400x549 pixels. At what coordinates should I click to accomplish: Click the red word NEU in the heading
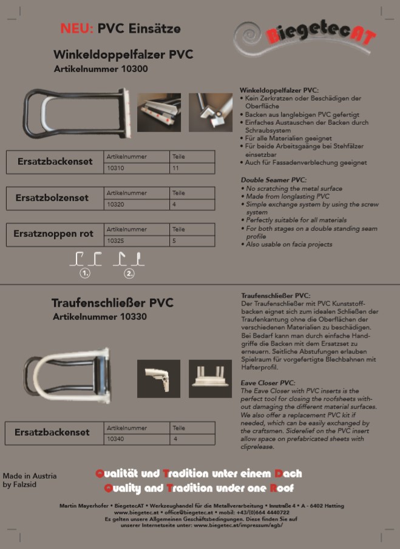[76, 28]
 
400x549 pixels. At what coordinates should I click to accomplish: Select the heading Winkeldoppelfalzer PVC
[123, 55]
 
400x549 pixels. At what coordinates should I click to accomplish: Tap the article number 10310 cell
[136, 167]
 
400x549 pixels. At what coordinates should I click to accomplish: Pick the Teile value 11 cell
[192, 167]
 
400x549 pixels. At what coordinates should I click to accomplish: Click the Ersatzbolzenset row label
[52, 198]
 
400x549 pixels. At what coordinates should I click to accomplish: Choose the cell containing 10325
[136, 240]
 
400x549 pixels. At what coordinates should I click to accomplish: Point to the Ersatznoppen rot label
[53, 234]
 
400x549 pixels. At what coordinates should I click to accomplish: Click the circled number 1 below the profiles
[86, 273]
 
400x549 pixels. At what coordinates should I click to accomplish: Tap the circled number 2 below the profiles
[129, 273]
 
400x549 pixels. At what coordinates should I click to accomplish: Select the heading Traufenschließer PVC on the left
[112, 302]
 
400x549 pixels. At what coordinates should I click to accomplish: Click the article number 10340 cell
[136, 438]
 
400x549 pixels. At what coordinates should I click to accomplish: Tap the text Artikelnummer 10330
[100, 317]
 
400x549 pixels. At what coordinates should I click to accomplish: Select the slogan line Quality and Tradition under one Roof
[198, 488]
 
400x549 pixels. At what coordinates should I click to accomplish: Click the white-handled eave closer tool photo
[67, 375]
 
